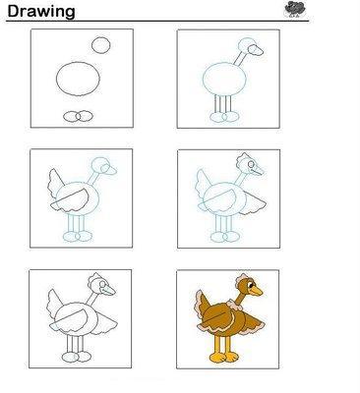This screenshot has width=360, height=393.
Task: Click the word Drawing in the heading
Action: (x=41, y=12)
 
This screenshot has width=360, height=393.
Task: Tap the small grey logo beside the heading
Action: (x=295, y=9)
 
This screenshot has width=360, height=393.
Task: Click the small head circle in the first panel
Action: (x=101, y=45)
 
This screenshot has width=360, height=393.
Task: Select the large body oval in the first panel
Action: (x=78, y=79)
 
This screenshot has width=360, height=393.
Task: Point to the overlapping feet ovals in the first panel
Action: (x=78, y=116)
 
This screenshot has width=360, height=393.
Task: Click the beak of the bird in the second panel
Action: (x=256, y=50)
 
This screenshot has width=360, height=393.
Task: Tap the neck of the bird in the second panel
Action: (x=239, y=58)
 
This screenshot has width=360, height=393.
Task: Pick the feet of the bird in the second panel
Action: (x=224, y=117)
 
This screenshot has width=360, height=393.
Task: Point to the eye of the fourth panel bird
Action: (x=251, y=164)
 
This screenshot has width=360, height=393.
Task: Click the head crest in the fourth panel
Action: (x=242, y=158)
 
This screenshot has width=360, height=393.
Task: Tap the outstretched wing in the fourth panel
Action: (x=252, y=204)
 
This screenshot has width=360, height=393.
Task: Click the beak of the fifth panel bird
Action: (x=108, y=290)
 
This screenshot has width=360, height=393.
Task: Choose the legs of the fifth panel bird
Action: (x=75, y=344)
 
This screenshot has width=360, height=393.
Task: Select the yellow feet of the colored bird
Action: (x=224, y=358)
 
